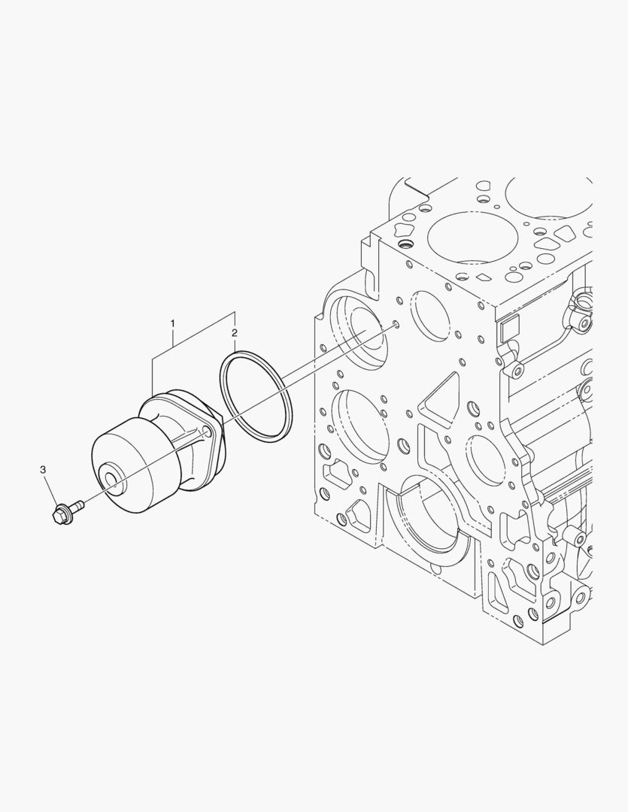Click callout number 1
pyautogui.click(x=172, y=324)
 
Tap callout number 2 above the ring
pyautogui.click(x=235, y=332)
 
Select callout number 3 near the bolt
pyautogui.click(x=43, y=470)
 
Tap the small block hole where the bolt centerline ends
pyautogui.click(x=395, y=326)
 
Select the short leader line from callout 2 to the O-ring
pyautogui.click(x=235, y=344)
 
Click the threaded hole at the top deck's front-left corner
pyautogui.click(x=407, y=246)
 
